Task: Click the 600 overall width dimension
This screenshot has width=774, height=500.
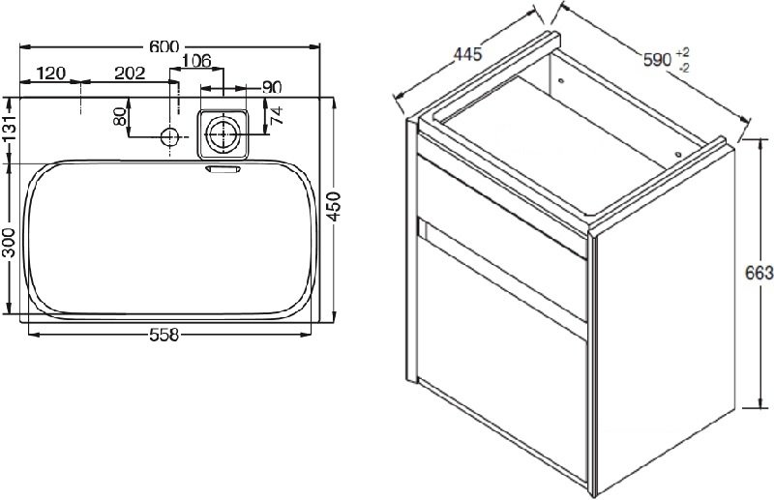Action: [164, 46]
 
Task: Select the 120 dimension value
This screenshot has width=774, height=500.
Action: [51, 74]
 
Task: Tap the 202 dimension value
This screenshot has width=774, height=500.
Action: [130, 74]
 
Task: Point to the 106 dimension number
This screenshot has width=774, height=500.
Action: [196, 61]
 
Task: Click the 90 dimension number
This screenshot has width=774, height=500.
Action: [272, 87]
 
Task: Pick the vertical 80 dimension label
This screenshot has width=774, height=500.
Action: [120, 116]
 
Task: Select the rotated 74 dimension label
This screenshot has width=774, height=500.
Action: [277, 115]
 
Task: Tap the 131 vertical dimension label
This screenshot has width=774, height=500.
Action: [9, 129]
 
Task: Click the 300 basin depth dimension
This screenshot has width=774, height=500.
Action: [9, 243]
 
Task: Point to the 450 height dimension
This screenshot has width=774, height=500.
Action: [335, 207]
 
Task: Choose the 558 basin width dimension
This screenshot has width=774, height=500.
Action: [164, 336]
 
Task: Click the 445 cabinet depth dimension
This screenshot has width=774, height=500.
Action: [467, 53]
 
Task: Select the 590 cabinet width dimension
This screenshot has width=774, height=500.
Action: [658, 60]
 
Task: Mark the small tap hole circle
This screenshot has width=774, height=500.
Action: [169, 136]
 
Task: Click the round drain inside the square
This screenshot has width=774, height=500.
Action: [223, 134]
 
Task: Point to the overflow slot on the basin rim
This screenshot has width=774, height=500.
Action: [223, 169]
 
